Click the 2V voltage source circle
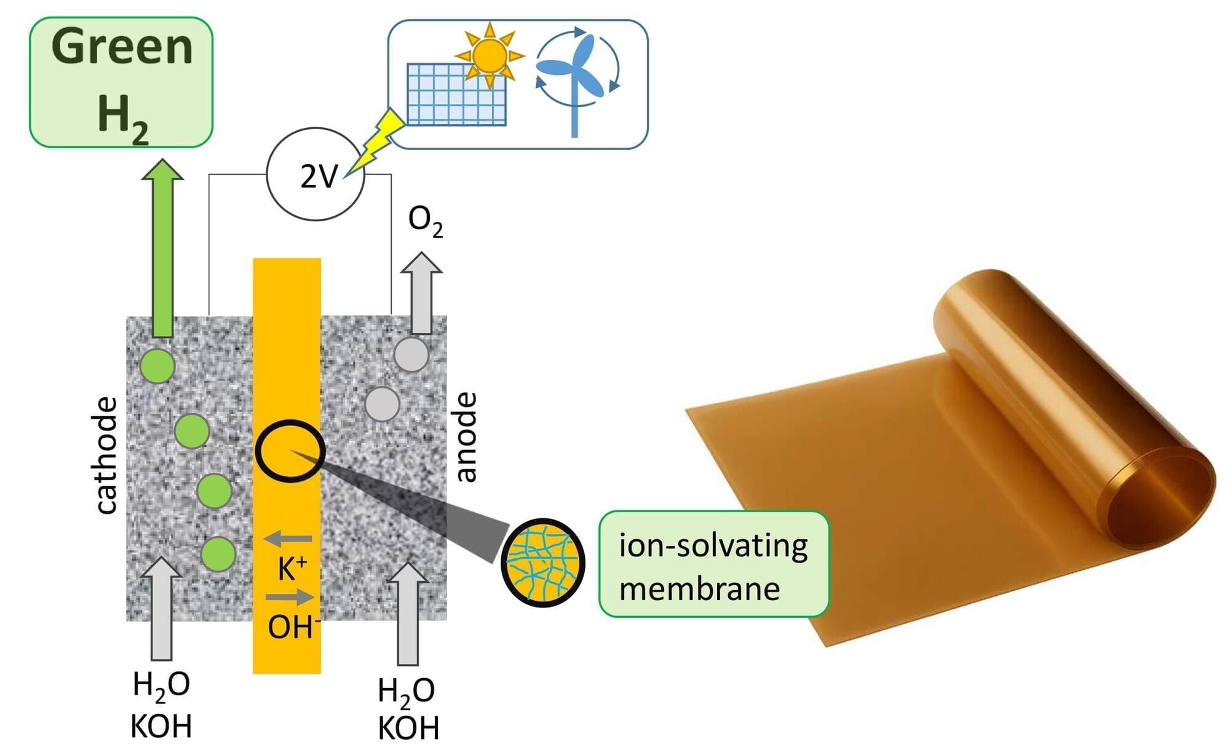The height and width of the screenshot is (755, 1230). [315, 174]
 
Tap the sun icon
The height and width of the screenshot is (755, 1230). [490, 55]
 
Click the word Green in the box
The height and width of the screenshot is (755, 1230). [122, 47]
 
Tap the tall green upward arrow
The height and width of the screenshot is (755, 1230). [162, 248]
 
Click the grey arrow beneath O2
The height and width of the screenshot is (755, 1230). [421, 293]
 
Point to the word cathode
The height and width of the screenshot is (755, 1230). [106, 455]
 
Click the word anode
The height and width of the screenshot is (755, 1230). [466, 437]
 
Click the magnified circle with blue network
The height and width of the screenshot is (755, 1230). [542, 563]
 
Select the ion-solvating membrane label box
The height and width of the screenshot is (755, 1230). [714, 564]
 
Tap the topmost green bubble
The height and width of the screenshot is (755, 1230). [157, 366]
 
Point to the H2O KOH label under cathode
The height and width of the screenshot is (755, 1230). [161, 705]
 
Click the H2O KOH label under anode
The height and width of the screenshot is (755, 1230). [408, 709]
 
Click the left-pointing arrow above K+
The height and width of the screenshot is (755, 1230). [288, 539]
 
